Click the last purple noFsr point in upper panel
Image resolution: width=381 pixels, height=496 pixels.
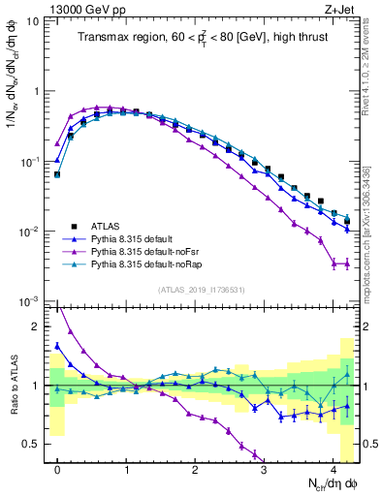click(346, 263)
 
